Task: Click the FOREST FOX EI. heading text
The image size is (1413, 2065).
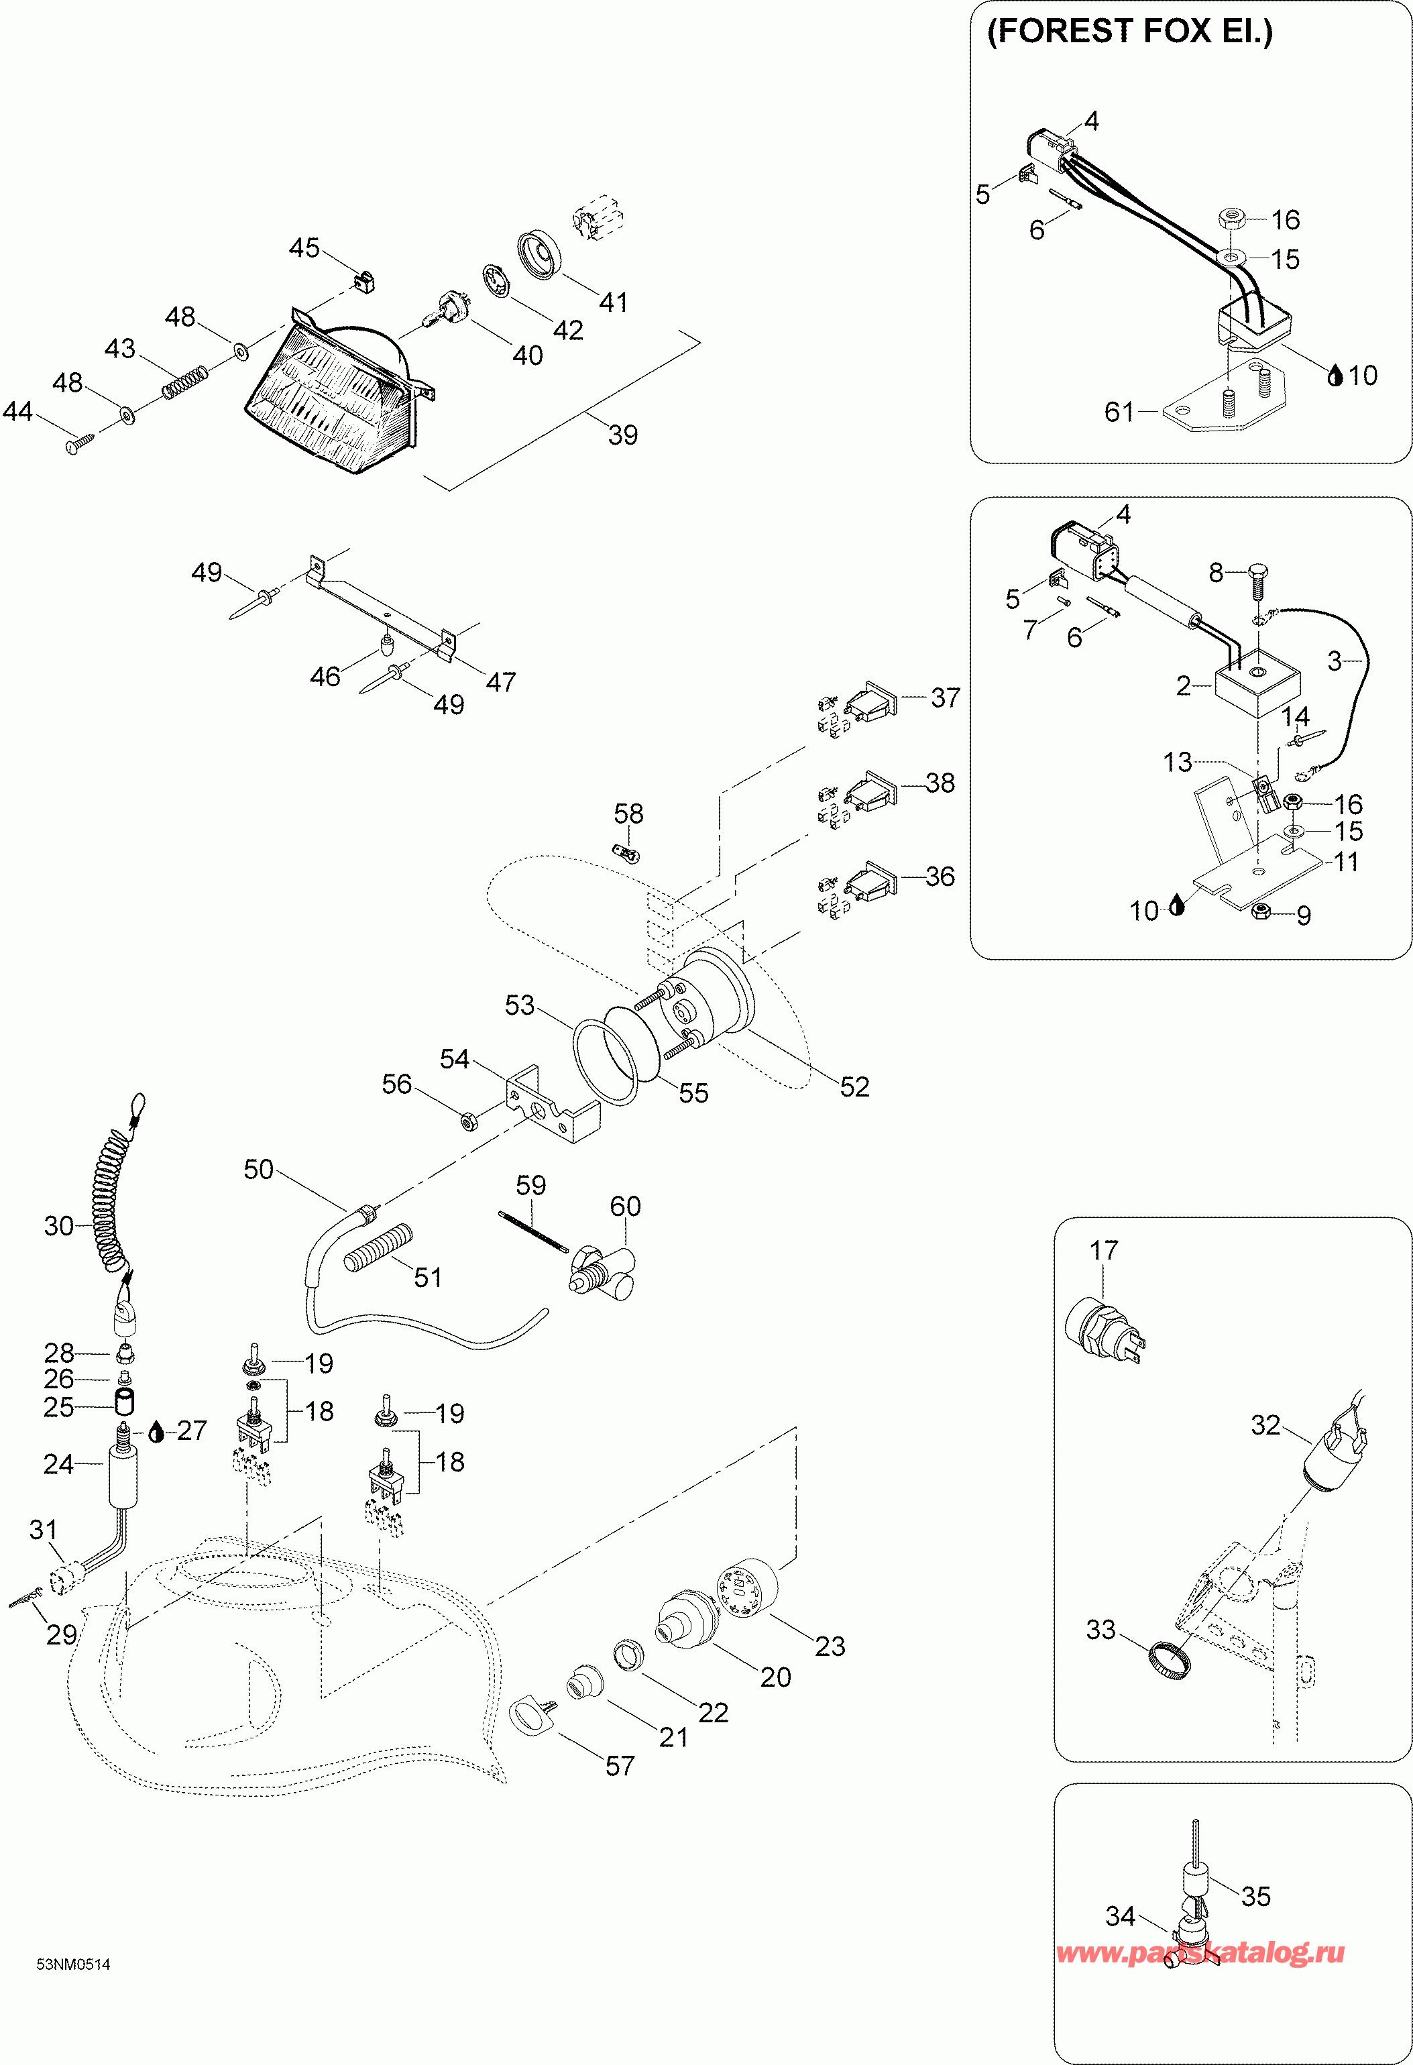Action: point(1129,32)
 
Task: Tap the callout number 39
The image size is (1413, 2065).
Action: point(623,435)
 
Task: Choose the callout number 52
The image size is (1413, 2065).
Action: point(854,1086)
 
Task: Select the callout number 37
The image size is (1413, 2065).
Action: point(946,697)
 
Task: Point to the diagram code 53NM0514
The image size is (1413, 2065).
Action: point(73,1964)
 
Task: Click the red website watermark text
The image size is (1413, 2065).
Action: point(1200,1952)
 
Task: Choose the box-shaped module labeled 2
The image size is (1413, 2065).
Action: point(1257,684)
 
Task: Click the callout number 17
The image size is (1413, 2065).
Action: point(1104,1250)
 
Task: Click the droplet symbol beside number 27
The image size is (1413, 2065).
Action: point(156,1431)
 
